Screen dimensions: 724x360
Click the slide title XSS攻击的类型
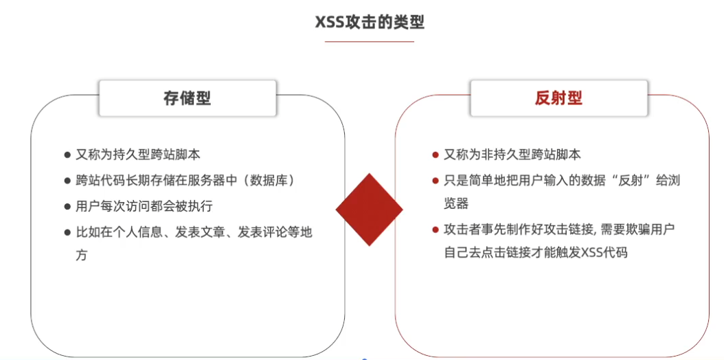click(370, 23)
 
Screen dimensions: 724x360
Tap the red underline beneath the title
click(370, 42)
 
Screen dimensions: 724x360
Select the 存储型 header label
click(187, 98)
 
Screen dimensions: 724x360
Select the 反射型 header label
click(558, 98)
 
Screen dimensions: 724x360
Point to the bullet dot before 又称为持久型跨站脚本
click(67, 155)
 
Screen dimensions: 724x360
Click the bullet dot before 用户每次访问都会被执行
click(67, 206)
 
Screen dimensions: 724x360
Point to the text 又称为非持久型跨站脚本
click(512, 155)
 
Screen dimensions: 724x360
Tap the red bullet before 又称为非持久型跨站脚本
click(435, 155)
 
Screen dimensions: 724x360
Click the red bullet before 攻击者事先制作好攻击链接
click(435, 229)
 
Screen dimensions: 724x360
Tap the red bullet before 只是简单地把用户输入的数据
click(435, 181)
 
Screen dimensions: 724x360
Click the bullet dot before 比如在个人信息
click(67, 232)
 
